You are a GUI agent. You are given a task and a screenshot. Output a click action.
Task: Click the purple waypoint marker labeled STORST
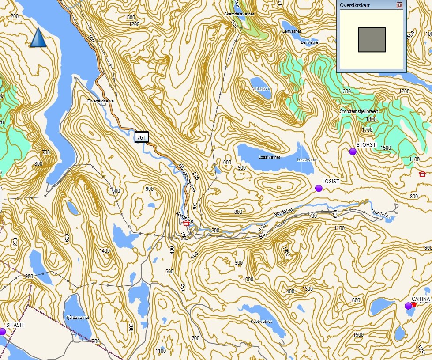tap(353, 152)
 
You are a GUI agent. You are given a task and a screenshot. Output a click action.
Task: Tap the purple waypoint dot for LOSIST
tap(319, 189)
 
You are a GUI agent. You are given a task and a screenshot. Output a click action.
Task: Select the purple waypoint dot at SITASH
tap(2, 331)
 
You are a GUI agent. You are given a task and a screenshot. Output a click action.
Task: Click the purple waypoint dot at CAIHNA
tap(408, 306)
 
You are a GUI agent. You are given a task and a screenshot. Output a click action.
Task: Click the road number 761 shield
tap(142, 138)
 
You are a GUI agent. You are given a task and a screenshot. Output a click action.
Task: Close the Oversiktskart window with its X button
tap(399, 5)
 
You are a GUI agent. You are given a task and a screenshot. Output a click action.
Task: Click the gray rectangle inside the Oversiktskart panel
tap(372, 39)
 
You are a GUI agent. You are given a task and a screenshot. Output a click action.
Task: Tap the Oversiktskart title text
tap(355, 5)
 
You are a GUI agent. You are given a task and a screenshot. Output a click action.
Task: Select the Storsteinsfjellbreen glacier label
tap(359, 111)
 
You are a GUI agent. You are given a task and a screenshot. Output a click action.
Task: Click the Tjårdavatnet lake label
tap(78, 318)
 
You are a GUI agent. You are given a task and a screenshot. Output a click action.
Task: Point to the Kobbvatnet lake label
tap(261, 321)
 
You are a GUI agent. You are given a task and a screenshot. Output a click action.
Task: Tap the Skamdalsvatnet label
tap(240, 14)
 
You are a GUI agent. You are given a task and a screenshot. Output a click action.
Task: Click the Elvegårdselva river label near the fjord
tap(101, 101)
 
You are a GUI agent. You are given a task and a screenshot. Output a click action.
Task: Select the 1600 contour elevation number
tap(354, 300)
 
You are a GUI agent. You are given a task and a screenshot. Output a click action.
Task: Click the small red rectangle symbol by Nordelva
tap(186, 224)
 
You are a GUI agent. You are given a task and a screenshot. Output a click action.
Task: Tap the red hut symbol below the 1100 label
tap(422, 174)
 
